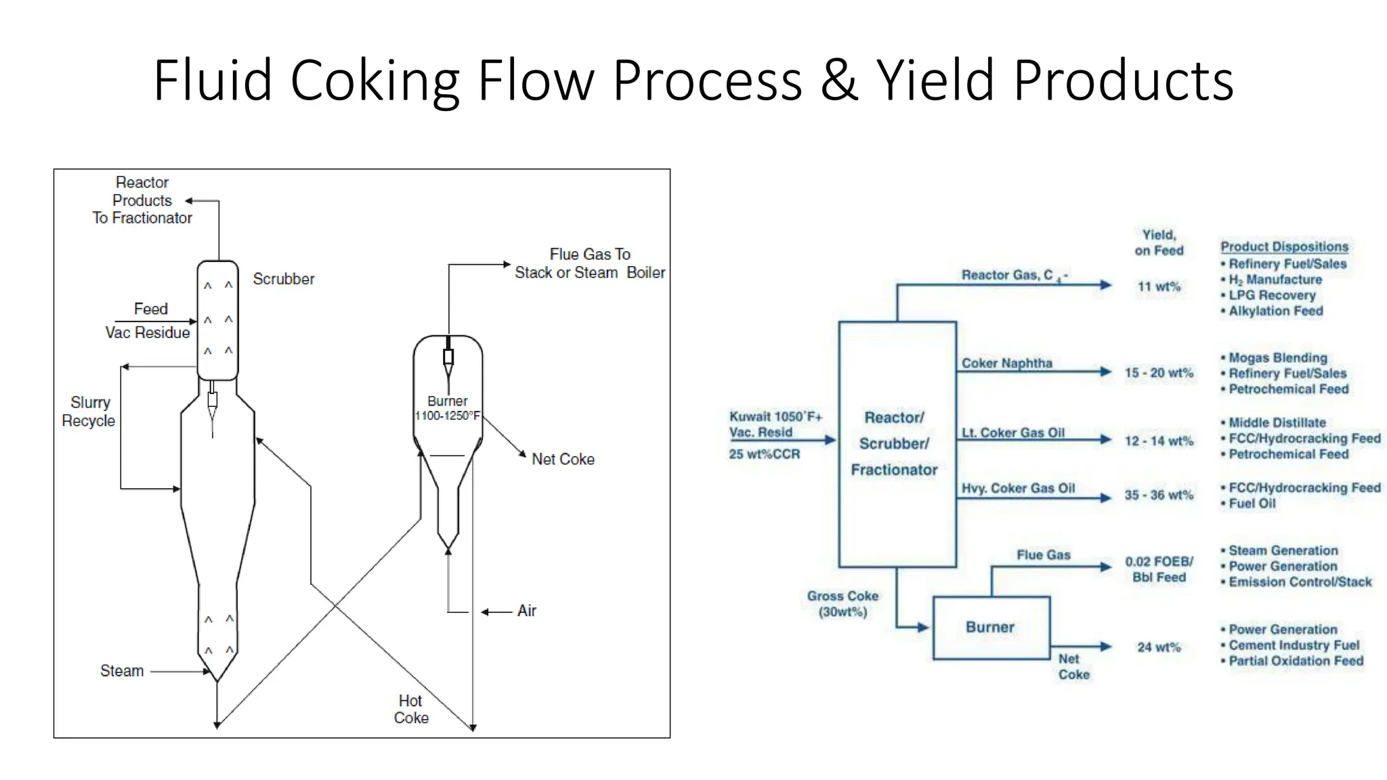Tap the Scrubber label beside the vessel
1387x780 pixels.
point(283,279)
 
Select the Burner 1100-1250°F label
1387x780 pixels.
point(447,408)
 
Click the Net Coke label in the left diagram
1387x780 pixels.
point(563,459)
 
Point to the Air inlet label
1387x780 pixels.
point(526,611)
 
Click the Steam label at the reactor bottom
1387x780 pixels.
point(122,671)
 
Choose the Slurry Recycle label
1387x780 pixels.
point(89,412)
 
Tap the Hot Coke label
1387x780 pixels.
point(411,709)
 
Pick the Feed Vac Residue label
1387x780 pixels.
point(148,321)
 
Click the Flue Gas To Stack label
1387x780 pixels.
point(589,263)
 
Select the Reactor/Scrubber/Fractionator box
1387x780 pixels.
point(897,444)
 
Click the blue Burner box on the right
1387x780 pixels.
point(990,628)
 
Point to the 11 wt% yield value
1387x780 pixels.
point(1159,286)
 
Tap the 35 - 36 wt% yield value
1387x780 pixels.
point(1159,495)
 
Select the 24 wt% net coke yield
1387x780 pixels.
point(1159,647)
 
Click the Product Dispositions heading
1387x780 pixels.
point(1284,247)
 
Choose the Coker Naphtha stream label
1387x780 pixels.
point(1007,363)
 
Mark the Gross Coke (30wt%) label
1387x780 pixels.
point(842,604)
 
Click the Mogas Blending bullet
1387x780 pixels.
point(1277,357)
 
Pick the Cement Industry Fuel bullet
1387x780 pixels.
point(1294,645)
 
